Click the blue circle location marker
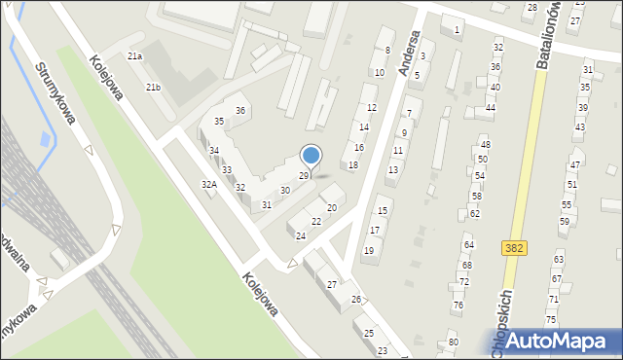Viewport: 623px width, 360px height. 311,155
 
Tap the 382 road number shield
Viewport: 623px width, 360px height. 516,249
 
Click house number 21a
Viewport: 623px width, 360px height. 134,56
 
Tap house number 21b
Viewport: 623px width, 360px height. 154,88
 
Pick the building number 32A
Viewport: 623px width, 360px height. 208,184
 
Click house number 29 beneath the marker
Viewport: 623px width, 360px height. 304,175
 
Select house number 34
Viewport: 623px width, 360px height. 213,151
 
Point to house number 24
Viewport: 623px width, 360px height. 301,236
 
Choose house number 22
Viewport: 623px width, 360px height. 315,222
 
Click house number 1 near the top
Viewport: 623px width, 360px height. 457,30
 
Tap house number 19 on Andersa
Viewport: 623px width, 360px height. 368,250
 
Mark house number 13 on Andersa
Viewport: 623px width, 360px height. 391,169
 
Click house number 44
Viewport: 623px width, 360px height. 490,107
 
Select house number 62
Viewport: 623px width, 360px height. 474,213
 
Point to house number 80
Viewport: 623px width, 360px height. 453,342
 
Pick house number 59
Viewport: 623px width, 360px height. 565,222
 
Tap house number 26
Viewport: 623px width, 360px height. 356,299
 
